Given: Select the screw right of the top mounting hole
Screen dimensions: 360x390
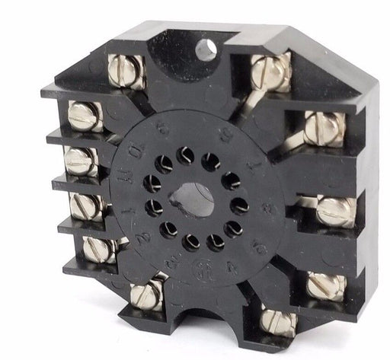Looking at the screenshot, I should [272, 75].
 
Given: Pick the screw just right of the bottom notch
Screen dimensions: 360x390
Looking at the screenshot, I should [277, 320].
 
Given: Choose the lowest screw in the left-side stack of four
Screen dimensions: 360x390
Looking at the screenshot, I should [99, 249].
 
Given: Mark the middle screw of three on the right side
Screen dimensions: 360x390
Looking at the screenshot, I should [334, 212].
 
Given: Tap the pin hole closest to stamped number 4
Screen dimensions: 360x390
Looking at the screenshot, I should [216, 242].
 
